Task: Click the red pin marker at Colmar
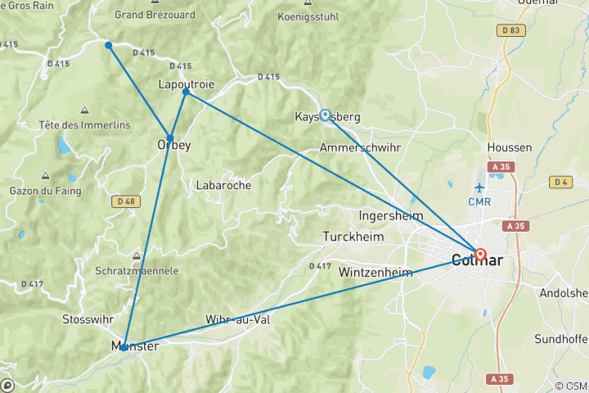[x=480, y=255]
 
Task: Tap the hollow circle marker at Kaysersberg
[x=326, y=115]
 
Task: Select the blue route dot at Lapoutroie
[x=186, y=92]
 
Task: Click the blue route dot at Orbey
[x=170, y=138]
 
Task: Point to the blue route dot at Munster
[x=124, y=347]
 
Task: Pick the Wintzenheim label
[x=375, y=272]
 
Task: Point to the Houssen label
[x=509, y=147]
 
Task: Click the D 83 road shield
[x=511, y=30]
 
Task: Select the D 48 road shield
[x=125, y=201]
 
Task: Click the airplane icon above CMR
[x=479, y=187]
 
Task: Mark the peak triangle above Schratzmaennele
[x=137, y=255]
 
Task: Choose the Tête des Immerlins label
[x=74, y=124]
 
